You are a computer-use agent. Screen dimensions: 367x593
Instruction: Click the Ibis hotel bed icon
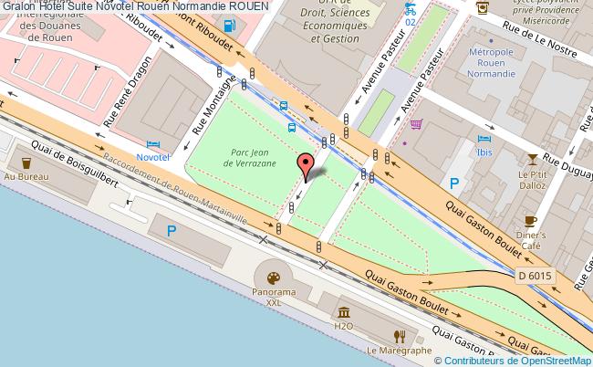pyautogui.click(x=484, y=139)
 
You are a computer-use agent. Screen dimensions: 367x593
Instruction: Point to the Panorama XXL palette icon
pyautogui.click(x=274, y=277)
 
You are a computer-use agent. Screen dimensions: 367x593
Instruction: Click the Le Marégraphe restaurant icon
pyautogui.click(x=398, y=336)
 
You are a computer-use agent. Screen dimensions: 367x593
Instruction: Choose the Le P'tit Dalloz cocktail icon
pyautogui.click(x=530, y=158)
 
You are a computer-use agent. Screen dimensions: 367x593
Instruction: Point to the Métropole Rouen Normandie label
pyautogui.click(x=493, y=59)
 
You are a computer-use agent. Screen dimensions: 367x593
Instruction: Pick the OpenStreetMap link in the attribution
pyautogui.click(x=551, y=360)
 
